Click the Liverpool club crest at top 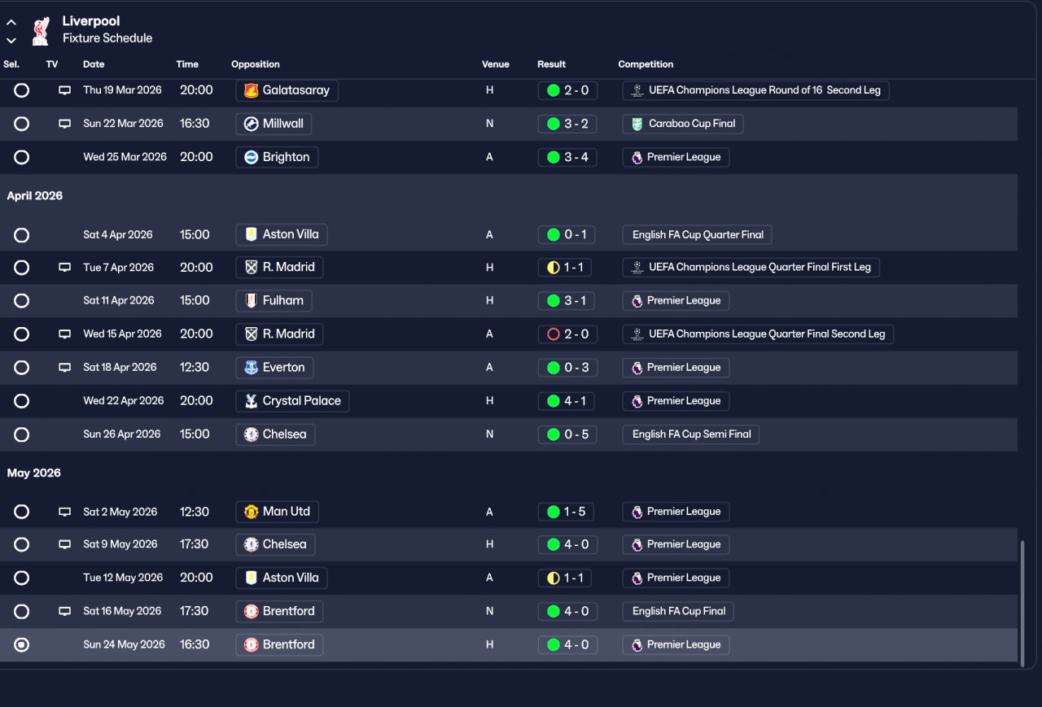click(x=41, y=31)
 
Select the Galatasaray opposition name click(x=296, y=90)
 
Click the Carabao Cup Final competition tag click(x=682, y=124)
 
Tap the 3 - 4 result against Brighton click(x=567, y=157)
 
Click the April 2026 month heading click(x=34, y=196)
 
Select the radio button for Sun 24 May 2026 click(x=21, y=644)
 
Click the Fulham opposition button click(x=274, y=301)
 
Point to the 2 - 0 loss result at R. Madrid click(x=567, y=334)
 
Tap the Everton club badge click(x=252, y=368)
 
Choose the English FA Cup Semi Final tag click(x=691, y=434)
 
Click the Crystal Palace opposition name click(x=301, y=400)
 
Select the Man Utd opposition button click(x=278, y=512)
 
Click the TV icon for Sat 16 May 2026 click(x=64, y=611)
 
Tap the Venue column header click(x=496, y=64)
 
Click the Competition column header click(x=646, y=64)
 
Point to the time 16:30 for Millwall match click(x=195, y=124)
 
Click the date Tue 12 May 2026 click(x=123, y=578)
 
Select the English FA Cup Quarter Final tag click(x=698, y=235)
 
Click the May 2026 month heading click(x=33, y=473)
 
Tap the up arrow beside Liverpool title click(x=11, y=22)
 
